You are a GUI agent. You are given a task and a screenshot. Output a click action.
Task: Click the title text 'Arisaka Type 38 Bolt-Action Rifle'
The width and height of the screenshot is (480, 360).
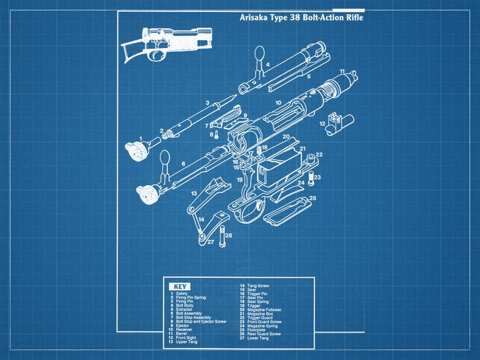301,18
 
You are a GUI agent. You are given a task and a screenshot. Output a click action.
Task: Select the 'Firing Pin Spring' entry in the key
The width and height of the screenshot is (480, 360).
191,298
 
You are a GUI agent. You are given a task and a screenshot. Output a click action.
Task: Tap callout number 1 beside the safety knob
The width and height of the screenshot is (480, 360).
141,138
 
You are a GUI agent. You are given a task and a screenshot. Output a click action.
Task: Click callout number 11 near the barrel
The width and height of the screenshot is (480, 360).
342,71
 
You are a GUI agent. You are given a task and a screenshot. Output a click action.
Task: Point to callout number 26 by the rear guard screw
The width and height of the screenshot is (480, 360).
229,235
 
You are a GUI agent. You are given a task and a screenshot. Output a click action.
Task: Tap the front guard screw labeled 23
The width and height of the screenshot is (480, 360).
310,178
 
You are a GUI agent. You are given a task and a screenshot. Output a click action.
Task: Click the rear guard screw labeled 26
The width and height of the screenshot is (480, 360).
221,237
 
